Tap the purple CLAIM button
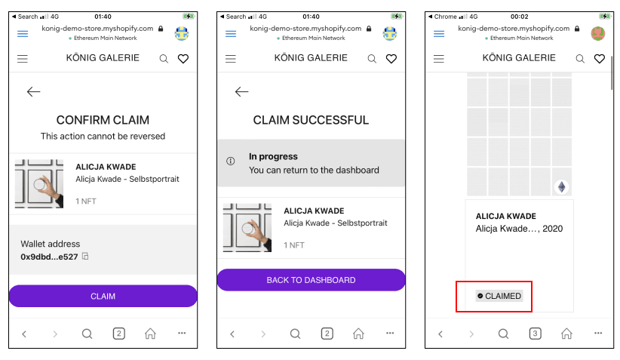(x=103, y=296)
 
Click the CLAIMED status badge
(x=499, y=296)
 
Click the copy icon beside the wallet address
(x=85, y=257)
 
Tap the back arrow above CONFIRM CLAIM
(x=34, y=92)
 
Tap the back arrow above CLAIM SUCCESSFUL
(x=241, y=92)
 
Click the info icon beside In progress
(x=231, y=161)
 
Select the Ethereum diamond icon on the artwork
(x=561, y=186)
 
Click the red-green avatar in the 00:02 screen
(x=598, y=34)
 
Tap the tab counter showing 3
(x=535, y=334)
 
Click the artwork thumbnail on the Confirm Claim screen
(x=39, y=183)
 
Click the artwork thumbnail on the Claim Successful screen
(x=247, y=227)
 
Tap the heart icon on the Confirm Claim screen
(x=183, y=59)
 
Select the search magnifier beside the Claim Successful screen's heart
(x=372, y=59)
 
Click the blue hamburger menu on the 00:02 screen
(x=439, y=34)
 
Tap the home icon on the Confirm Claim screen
(x=150, y=334)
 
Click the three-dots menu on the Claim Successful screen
(x=390, y=333)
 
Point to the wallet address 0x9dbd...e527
(x=50, y=257)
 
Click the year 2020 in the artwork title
(x=552, y=229)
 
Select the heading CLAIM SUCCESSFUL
(x=311, y=120)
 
